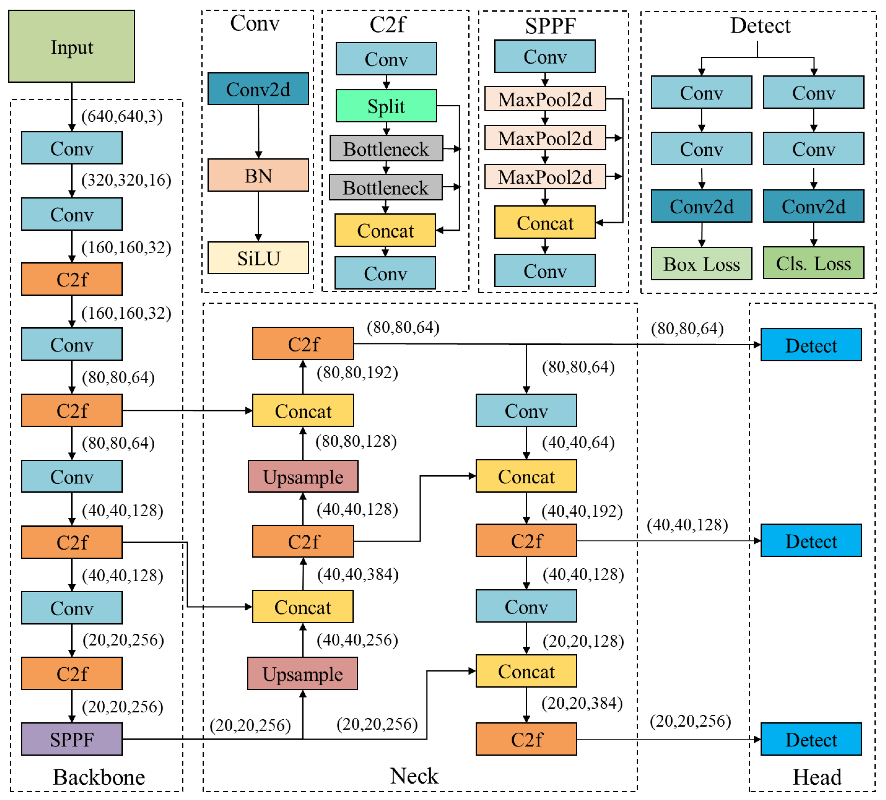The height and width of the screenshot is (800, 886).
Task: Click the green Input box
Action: tap(72, 46)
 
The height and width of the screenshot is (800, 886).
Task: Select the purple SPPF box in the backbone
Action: tap(72, 739)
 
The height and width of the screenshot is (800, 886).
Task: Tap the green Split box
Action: tap(386, 106)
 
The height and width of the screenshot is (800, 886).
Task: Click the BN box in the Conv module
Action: tap(258, 175)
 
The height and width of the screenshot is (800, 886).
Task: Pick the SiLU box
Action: tap(258, 258)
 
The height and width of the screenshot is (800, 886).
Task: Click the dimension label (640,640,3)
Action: tap(122, 116)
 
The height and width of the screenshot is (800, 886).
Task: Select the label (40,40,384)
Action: tap(358, 574)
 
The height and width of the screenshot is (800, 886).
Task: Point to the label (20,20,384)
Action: tap(582, 703)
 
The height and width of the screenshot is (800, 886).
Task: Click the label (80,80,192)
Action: tap(357, 372)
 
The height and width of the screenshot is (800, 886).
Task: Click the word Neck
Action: tap(414, 776)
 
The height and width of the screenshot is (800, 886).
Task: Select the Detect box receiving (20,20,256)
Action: tap(811, 740)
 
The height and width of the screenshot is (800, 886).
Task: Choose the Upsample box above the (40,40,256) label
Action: tap(302, 673)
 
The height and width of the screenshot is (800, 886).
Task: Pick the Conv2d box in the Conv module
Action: tap(258, 89)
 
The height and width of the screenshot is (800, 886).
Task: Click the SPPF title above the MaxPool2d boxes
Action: tap(550, 25)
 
